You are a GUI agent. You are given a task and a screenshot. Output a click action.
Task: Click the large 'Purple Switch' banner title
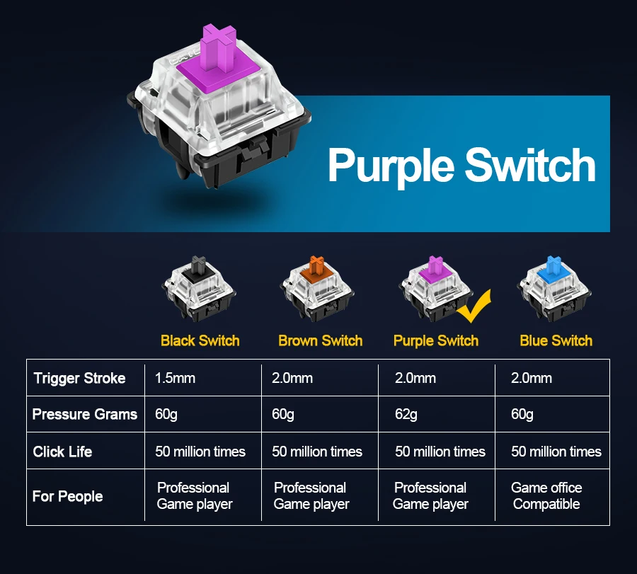(461, 165)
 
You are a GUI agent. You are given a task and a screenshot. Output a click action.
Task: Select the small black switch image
(199, 287)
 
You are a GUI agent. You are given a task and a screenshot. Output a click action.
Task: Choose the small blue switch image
(555, 287)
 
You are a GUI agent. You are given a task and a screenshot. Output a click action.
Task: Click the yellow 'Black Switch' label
(200, 340)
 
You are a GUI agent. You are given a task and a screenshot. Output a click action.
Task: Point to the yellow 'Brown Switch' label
(320, 340)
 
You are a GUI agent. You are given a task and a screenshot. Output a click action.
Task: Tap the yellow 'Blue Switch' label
(556, 340)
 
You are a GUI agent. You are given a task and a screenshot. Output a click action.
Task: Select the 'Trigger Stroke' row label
(79, 378)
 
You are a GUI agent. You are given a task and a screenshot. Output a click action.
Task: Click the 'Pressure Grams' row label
(85, 414)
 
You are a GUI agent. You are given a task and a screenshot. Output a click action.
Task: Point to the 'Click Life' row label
(62, 452)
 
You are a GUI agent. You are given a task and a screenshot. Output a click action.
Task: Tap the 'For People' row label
(67, 496)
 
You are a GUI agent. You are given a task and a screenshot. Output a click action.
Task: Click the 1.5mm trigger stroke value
(175, 378)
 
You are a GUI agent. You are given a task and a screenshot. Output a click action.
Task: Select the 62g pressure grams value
(406, 414)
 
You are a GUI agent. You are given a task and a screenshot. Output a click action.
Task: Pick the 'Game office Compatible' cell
(546, 496)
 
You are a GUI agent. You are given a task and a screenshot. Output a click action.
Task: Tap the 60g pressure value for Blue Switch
(522, 414)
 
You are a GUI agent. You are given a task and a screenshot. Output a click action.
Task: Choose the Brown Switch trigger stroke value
(292, 378)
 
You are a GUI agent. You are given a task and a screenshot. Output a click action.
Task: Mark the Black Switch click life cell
(200, 452)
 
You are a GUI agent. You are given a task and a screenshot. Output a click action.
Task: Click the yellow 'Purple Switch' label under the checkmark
(436, 340)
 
